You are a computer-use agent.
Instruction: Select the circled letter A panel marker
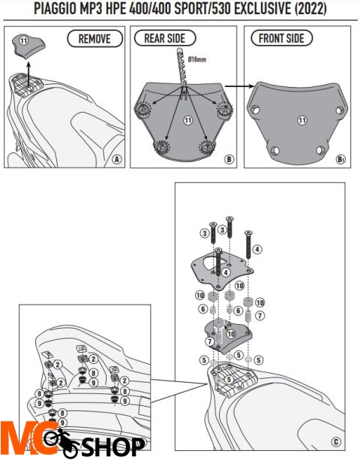116,159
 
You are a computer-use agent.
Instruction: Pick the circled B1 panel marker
342,159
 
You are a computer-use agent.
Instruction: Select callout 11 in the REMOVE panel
23,38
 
